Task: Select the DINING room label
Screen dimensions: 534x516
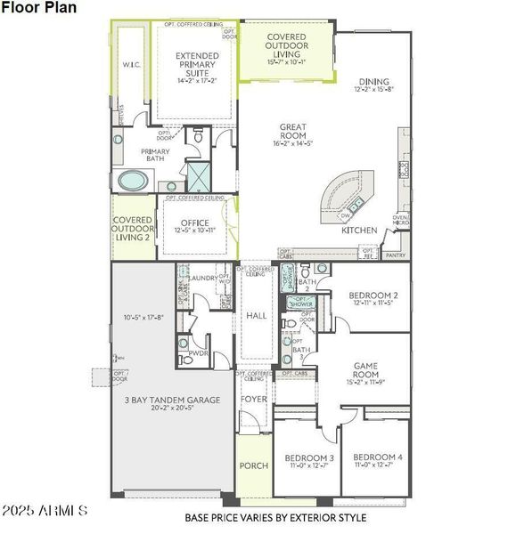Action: coord(373,82)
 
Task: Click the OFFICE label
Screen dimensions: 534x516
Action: coord(195,223)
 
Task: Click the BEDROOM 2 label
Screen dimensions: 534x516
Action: coord(373,295)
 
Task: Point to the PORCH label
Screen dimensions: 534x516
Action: coord(253,465)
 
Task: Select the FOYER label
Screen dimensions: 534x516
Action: coord(254,400)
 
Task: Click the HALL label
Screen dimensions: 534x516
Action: coord(257,315)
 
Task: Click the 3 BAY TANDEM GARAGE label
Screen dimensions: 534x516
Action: coord(172,400)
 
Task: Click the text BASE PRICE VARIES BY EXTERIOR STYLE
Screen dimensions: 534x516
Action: coord(275,517)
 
